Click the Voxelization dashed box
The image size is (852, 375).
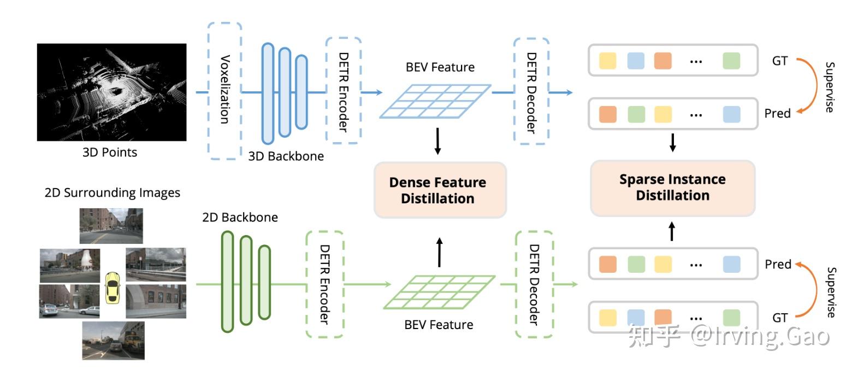click(224, 91)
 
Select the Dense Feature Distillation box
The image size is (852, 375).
click(440, 190)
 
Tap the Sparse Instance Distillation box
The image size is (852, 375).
click(672, 187)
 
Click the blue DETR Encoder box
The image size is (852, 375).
click(343, 91)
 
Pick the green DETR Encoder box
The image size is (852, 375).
click(324, 284)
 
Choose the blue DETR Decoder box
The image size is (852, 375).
click(531, 92)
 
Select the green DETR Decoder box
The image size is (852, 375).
click(534, 284)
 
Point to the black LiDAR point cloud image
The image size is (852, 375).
click(111, 92)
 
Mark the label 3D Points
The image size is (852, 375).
click(110, 153)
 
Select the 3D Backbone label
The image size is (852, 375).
click(286, 156)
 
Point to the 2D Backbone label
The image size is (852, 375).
click(240, 218)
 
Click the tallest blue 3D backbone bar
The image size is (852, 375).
click(268, 93)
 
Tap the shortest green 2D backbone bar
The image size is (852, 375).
click(264, 282)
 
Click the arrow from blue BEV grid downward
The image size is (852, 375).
click(437, 141)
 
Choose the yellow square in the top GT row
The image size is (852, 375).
click(607, 60)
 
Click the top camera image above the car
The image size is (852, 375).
click(111, 225)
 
